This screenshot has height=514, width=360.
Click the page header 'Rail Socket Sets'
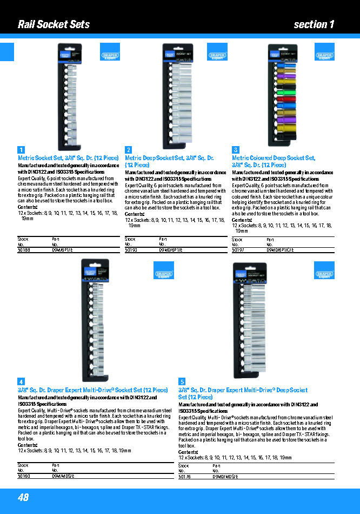54,24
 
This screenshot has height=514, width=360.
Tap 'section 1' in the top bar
314,24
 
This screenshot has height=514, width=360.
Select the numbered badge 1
21,150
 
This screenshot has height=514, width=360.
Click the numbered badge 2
129,150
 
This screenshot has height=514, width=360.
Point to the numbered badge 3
236,150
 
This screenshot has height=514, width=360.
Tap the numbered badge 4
21,381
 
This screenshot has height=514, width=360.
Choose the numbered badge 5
182,381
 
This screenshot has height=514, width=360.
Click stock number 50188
24,250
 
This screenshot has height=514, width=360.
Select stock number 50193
131,250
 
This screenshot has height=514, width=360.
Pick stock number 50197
238,250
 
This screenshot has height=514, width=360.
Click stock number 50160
24,476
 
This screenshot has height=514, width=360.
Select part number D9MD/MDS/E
226,477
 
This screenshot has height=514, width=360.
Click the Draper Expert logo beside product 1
110,56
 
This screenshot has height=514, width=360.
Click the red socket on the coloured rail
287,99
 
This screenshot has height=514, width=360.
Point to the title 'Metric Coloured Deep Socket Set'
273,158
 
